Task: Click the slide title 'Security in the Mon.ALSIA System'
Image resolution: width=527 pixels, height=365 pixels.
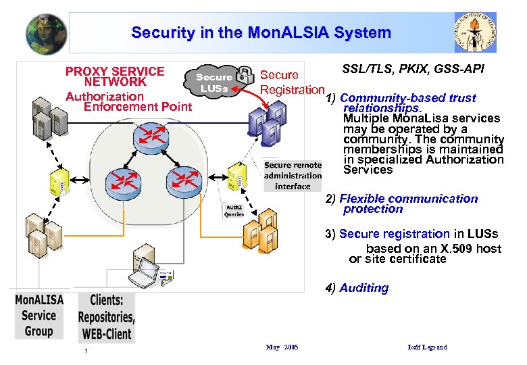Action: coord(261,32)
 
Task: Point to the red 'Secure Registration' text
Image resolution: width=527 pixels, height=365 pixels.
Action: coord(292,82)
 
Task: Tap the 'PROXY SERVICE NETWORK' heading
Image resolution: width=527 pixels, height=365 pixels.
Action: coord(115,76)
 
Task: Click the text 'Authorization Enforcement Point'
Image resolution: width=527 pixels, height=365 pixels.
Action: coord(128,101)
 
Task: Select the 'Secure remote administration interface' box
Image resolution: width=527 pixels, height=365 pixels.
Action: coord(293,176)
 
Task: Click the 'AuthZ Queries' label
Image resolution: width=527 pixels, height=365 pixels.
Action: coord(234,211)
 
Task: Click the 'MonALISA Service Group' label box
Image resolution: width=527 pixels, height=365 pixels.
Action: coord(39,315)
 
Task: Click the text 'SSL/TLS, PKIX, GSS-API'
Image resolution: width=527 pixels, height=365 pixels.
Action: coord(413,70)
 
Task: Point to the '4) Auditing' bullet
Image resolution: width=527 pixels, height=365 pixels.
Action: coord(357,288)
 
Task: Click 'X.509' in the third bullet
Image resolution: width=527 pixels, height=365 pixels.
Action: coord(441,249)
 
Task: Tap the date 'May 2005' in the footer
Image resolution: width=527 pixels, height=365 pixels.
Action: coord(282,347)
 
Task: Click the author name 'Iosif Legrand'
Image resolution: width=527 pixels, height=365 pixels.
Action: coord(427,347)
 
